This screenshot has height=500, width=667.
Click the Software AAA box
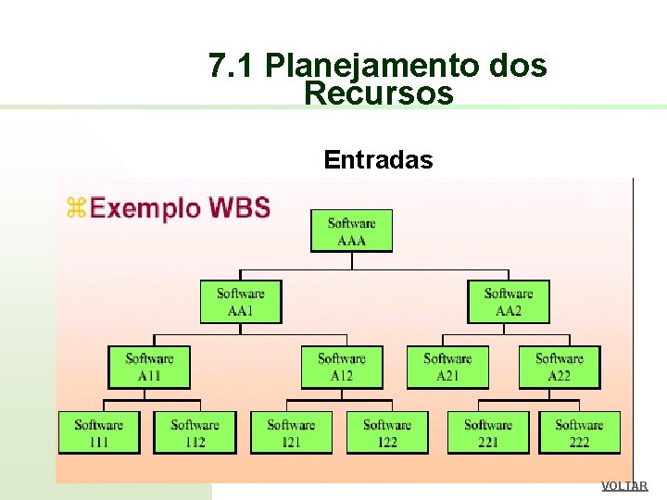click(351, 231)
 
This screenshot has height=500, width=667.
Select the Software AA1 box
click(241, 302)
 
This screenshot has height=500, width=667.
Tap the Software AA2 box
click(508, 302)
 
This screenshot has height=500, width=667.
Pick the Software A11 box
click(149, 367)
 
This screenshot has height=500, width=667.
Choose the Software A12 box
click(342, 367)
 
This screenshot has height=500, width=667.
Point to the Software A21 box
click(447, 367)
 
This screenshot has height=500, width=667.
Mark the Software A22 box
click(560, 367)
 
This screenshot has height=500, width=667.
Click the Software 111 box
click(99, 432)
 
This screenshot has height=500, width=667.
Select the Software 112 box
click(195, 432)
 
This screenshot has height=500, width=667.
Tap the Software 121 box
click(291, 432)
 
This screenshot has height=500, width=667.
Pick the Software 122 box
click(387, 432)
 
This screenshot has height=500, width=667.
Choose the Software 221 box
click(488, 432)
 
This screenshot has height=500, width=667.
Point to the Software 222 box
click(579, 432)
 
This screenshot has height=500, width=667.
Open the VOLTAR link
click(624, 486)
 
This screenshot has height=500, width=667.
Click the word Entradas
click(378, 160)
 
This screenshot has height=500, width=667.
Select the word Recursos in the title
click(378, 94)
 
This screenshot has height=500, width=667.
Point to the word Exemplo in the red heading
click(145, 207)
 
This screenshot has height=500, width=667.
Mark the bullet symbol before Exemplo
click(75, 208)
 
